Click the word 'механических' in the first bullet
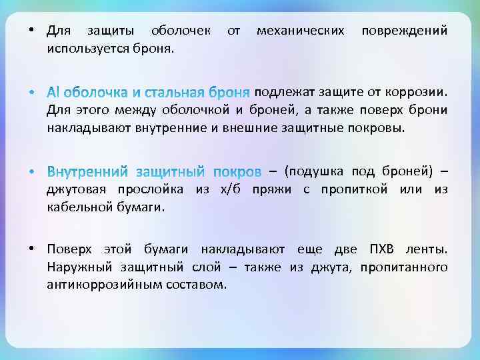[301, 31]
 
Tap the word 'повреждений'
[404, 31]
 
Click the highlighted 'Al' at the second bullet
[53, 91]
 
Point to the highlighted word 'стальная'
[177, 91]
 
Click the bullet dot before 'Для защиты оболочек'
[31, 31]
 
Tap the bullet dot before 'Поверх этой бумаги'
[31, 250]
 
